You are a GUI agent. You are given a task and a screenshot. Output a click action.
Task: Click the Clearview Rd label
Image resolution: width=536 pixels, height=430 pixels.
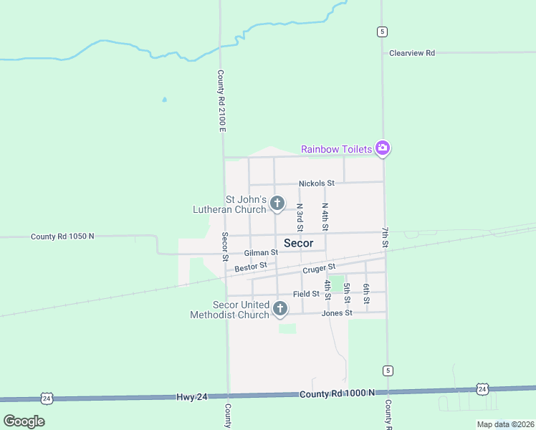coord(412,53)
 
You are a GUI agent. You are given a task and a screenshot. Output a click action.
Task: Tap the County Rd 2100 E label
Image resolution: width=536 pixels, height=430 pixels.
coord(221,100)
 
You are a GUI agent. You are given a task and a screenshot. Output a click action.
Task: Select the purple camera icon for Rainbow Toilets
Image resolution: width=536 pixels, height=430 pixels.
coord(383,148)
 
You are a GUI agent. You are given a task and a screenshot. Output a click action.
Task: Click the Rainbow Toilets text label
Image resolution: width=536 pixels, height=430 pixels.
coord(336,149)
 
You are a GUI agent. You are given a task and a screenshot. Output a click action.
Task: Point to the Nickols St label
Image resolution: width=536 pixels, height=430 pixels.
coord(317,183)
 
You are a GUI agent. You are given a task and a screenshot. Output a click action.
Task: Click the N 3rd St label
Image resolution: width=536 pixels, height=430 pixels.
coord(300,217)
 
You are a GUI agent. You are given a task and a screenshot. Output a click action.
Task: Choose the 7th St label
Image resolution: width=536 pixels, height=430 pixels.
coord(385,238)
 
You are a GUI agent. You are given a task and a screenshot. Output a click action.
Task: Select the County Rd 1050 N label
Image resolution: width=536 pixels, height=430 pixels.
coord(62,236)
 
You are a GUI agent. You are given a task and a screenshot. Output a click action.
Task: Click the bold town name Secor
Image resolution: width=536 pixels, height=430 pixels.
coord(298,243)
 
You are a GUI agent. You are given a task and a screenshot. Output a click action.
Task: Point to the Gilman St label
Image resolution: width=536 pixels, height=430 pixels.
coord(261,253)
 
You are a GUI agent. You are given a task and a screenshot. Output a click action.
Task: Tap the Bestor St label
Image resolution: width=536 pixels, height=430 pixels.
coord(251,267)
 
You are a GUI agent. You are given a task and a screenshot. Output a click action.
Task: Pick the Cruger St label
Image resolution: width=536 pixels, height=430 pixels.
coord(319,269)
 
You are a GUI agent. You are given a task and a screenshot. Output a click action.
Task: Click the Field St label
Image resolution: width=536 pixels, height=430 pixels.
coord(306,294)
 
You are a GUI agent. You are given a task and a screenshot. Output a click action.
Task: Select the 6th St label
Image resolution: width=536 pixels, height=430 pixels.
coord(366,293)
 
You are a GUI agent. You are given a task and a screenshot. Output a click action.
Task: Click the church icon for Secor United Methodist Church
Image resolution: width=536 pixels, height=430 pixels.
coord(280,309)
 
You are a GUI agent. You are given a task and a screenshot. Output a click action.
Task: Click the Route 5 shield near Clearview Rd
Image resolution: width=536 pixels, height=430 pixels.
coord(383,32)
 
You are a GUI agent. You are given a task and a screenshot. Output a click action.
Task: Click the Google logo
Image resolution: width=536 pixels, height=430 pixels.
coord(24,421)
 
